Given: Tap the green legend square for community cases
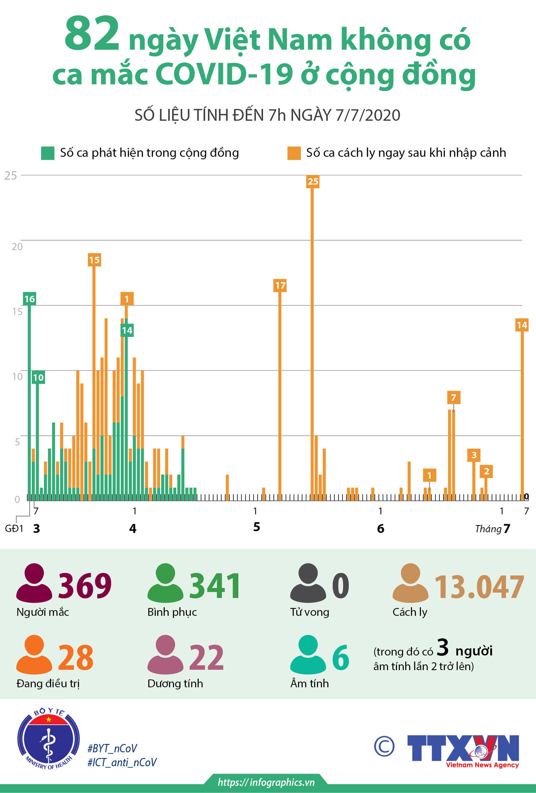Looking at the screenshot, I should click(48, 153).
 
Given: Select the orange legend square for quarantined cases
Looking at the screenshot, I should click(294, 153).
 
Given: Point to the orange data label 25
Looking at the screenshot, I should click(313, 181).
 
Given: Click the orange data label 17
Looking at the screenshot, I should click(280, 285).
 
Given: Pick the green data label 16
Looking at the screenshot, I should click(29, 299).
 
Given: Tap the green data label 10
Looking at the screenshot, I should click(38, 377).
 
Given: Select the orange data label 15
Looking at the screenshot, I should click(94, 260).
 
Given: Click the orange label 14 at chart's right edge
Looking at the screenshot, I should click(522, 325).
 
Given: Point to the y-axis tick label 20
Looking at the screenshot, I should click(17, 246).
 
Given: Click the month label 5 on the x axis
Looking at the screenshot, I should click(256, 527).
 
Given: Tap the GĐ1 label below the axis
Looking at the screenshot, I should click(14, 529).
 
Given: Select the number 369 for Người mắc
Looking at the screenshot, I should click(85, 586).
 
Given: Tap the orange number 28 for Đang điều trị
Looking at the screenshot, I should click(75, 657).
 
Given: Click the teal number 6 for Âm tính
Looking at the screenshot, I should click(341, 658).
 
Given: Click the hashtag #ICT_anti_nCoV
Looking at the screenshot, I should click(122, 762).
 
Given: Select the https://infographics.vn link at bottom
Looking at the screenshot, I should click(266, 782).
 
